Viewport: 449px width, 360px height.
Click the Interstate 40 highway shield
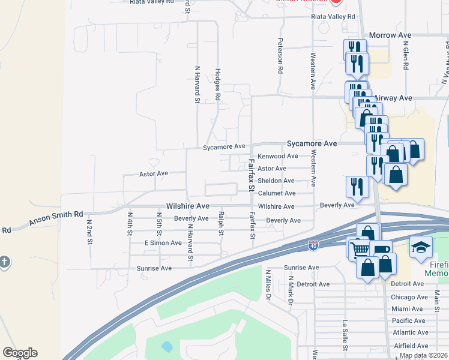[313, 245]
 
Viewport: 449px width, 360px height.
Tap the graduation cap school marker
[421, 246]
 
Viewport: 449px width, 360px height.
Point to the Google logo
[20, 353]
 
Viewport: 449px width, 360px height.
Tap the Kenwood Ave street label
[277, 156]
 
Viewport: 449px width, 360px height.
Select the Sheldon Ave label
[276, 181]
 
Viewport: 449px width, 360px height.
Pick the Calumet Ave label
[277, 193]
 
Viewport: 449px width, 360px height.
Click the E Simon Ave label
[163, 243]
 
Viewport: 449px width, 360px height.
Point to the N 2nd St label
[89, 231]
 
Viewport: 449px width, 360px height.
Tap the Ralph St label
[221, 222]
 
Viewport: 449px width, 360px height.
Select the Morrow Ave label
[390, 35]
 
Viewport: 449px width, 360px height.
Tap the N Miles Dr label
[268, 284]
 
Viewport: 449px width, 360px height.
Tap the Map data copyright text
[423, 356]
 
